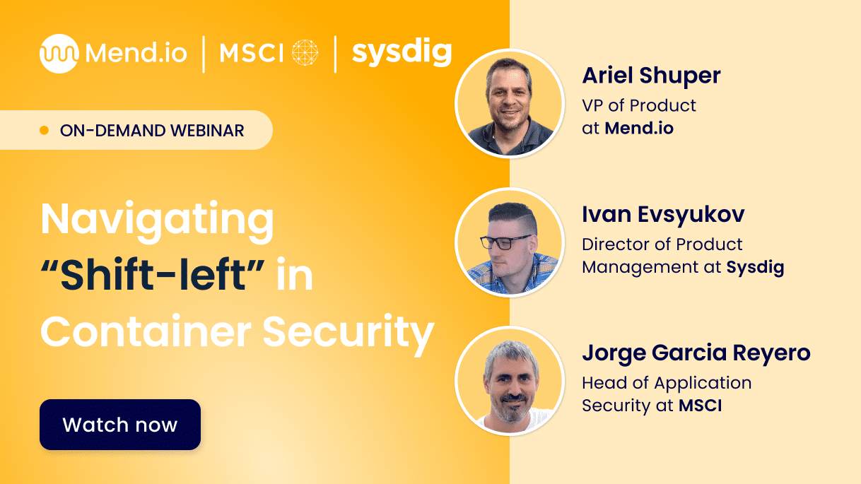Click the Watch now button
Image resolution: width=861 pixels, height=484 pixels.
(120, 425)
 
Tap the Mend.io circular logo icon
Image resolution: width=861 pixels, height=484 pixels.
(59, 54)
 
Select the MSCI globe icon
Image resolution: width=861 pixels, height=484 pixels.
(305, 53)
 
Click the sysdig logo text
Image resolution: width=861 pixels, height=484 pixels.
(402, 53)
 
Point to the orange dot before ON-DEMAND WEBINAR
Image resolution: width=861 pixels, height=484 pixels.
(45, 131)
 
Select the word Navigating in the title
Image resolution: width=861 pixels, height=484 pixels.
(157, 220)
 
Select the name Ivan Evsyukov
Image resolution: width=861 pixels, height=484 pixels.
(663, 215)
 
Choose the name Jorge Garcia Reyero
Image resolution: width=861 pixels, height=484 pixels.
(696, 353)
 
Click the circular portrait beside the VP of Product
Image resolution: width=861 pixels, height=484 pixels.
(509, 103)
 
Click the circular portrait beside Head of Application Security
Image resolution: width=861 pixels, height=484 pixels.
(509, 380)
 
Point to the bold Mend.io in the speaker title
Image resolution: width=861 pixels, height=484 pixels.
(639, 129)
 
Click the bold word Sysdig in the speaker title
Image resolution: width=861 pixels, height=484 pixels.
(755, 267)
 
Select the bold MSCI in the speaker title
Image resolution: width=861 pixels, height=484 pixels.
(701, 406)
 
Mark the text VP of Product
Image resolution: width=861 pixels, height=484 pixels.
(639, 106)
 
